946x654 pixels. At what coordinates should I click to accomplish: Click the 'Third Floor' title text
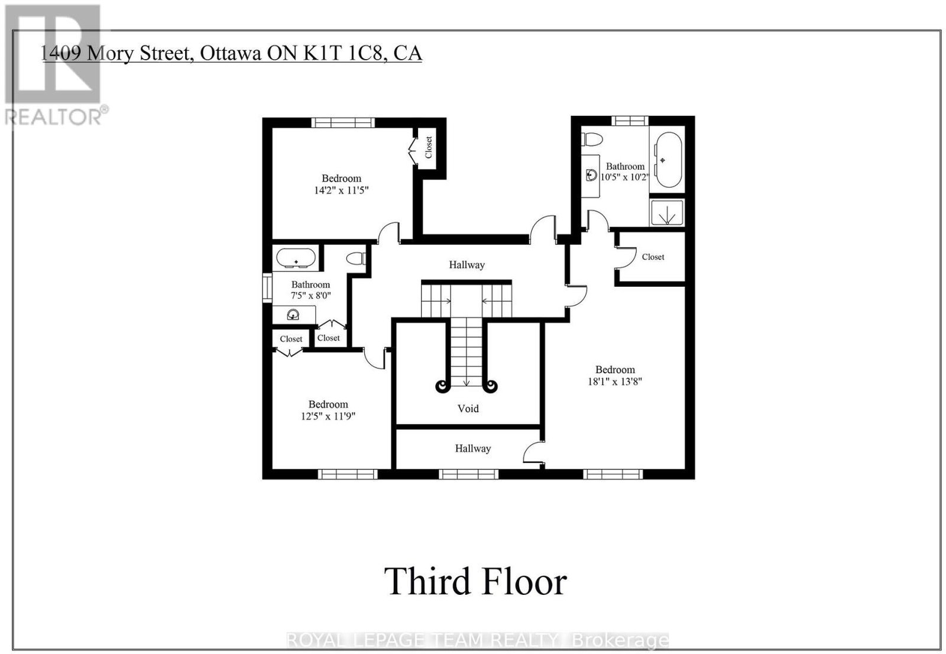point(475,582)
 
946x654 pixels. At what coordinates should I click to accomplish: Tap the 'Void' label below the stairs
point(468,409)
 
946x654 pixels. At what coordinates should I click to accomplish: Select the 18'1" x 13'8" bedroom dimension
point(615,381)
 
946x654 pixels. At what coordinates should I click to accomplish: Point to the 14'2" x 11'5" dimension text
point(341,190)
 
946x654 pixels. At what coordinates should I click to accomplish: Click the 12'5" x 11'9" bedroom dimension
point(328,416)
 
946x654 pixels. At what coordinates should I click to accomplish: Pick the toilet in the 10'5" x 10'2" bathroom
point(591,140)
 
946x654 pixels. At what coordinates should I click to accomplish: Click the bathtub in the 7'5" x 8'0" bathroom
point(296,258)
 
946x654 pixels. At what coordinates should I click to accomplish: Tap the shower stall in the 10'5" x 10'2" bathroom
point(667,212)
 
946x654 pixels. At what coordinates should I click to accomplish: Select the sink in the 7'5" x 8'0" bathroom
point(293,315)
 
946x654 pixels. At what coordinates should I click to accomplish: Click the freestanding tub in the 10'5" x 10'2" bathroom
point(668,160)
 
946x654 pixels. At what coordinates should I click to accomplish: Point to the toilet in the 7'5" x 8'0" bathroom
point(356,258)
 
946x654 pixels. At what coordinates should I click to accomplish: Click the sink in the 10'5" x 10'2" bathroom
point(591,174)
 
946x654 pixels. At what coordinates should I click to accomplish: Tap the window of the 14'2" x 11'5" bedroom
point(343,122)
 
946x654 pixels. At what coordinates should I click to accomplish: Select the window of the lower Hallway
point(469,474)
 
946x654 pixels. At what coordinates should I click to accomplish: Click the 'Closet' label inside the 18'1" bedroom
point(653,257)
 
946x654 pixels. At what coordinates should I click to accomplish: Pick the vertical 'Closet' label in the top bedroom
point(429,147)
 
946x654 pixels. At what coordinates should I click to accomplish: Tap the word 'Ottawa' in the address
point(230,53)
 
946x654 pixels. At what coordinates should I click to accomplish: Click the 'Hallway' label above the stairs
point(466,265)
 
